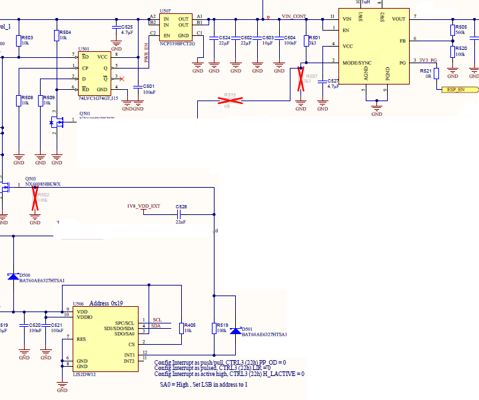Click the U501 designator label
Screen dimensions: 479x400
click(84, 49)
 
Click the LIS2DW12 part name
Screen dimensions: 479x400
click(85, 374)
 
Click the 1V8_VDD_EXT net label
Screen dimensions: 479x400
click(143, 206)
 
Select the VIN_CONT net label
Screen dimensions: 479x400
click(294, 15)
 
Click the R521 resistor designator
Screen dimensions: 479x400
click(426, 71)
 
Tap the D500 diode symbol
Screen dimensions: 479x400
click(13, 276)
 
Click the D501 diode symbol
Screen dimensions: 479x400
click(234, 331)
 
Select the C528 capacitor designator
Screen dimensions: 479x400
click(181, 206)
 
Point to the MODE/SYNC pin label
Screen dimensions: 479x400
click(356, 63)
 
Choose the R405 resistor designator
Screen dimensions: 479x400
click(189, 324)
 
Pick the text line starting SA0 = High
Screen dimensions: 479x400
click(204, 384)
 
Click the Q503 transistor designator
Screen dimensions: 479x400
click(31, 178)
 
